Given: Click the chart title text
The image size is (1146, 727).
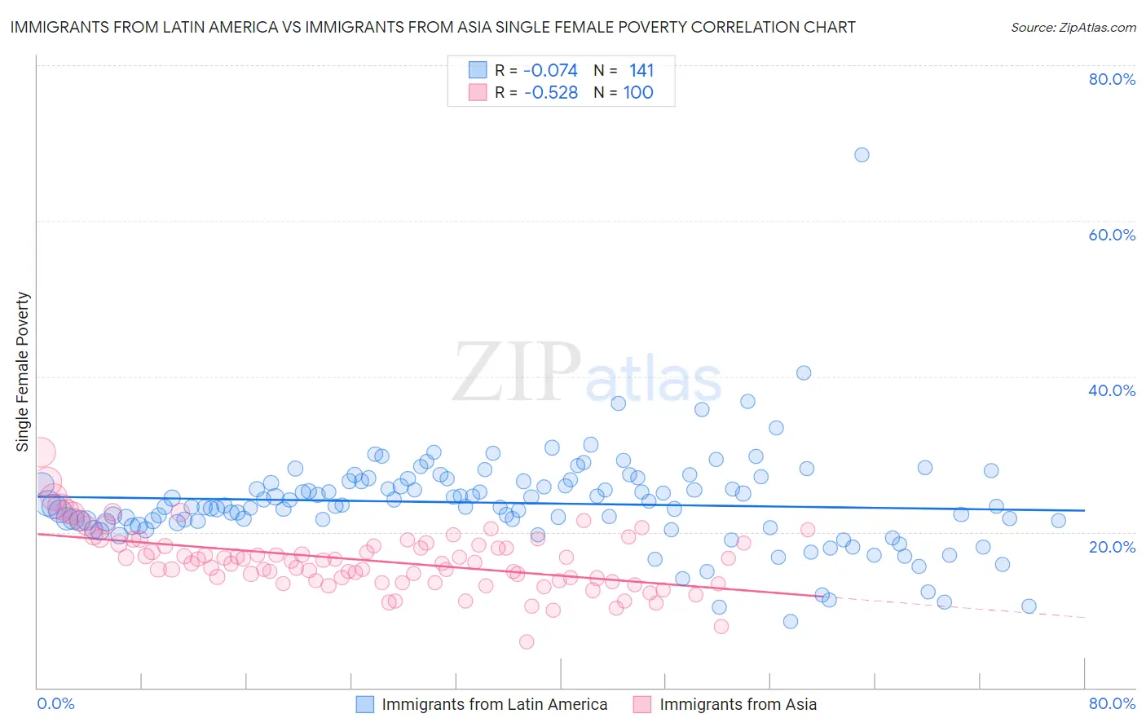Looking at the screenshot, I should coord(433,27).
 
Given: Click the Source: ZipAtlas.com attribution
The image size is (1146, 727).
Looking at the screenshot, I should coord(1073,27).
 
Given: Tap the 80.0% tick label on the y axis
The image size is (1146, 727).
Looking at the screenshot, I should coord(1112,79).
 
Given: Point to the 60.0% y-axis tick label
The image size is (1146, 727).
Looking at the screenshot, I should coord(1112,235).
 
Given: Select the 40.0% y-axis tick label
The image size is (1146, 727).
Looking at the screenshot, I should coord(1112,390).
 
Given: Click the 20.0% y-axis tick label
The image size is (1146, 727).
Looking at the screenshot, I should coord(1112,546).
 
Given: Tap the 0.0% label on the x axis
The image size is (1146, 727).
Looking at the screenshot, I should coord(55,703).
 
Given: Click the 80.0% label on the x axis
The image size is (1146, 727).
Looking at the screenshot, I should coord(1112,703).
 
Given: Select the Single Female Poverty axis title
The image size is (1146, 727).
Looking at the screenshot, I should coord(23,372).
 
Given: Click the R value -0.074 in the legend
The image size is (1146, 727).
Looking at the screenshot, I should coord(550,71).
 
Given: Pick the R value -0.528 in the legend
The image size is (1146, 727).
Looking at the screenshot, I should coord(550,93).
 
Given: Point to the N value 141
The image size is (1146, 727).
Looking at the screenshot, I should coord(641,71).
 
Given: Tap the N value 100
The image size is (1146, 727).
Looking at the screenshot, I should coord(638,93).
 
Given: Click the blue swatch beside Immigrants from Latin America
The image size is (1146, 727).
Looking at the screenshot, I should coord(365,704).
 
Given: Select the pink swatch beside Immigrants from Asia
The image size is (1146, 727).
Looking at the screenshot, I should coord(643,704).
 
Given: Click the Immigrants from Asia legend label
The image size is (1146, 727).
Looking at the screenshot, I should coord(738,704).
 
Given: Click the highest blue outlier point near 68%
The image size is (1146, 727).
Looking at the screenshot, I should coord(862,155).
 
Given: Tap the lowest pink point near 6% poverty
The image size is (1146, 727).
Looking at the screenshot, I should coord(527,642).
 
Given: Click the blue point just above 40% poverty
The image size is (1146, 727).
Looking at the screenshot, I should coord(804,373).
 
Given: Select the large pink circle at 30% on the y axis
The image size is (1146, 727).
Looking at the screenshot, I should coord(39,452).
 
